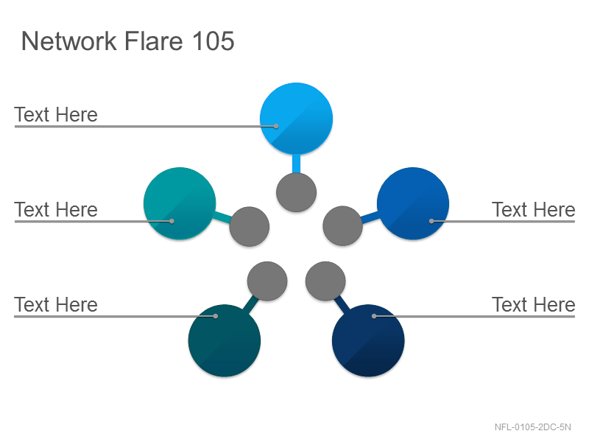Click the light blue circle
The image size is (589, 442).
(296, 119)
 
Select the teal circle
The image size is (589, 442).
(180, 203)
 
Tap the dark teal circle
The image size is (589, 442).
(225, 340)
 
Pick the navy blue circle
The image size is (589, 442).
(368, 340)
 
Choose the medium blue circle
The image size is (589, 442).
(413, 203)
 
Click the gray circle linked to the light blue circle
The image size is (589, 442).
(296, 192)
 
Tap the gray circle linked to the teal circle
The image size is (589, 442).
(249, 227)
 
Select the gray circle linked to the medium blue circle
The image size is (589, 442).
(342, 226)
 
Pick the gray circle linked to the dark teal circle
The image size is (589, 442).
(267, 281)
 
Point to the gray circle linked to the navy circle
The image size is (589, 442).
(325, 281)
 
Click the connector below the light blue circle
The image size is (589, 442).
(296, 164)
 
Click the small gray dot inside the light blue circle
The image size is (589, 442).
(275, 126)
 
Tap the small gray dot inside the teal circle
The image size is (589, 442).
(172, 221)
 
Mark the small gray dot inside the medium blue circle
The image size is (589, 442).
(431, 221)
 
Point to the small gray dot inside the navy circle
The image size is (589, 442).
(374, 316)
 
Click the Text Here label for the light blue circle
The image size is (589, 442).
(56, 115)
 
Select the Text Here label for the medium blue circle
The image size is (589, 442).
(533, 210)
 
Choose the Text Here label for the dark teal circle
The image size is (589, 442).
(56, 305)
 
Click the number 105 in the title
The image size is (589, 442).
(214, 41)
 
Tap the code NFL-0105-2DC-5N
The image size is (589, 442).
(532, 427)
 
